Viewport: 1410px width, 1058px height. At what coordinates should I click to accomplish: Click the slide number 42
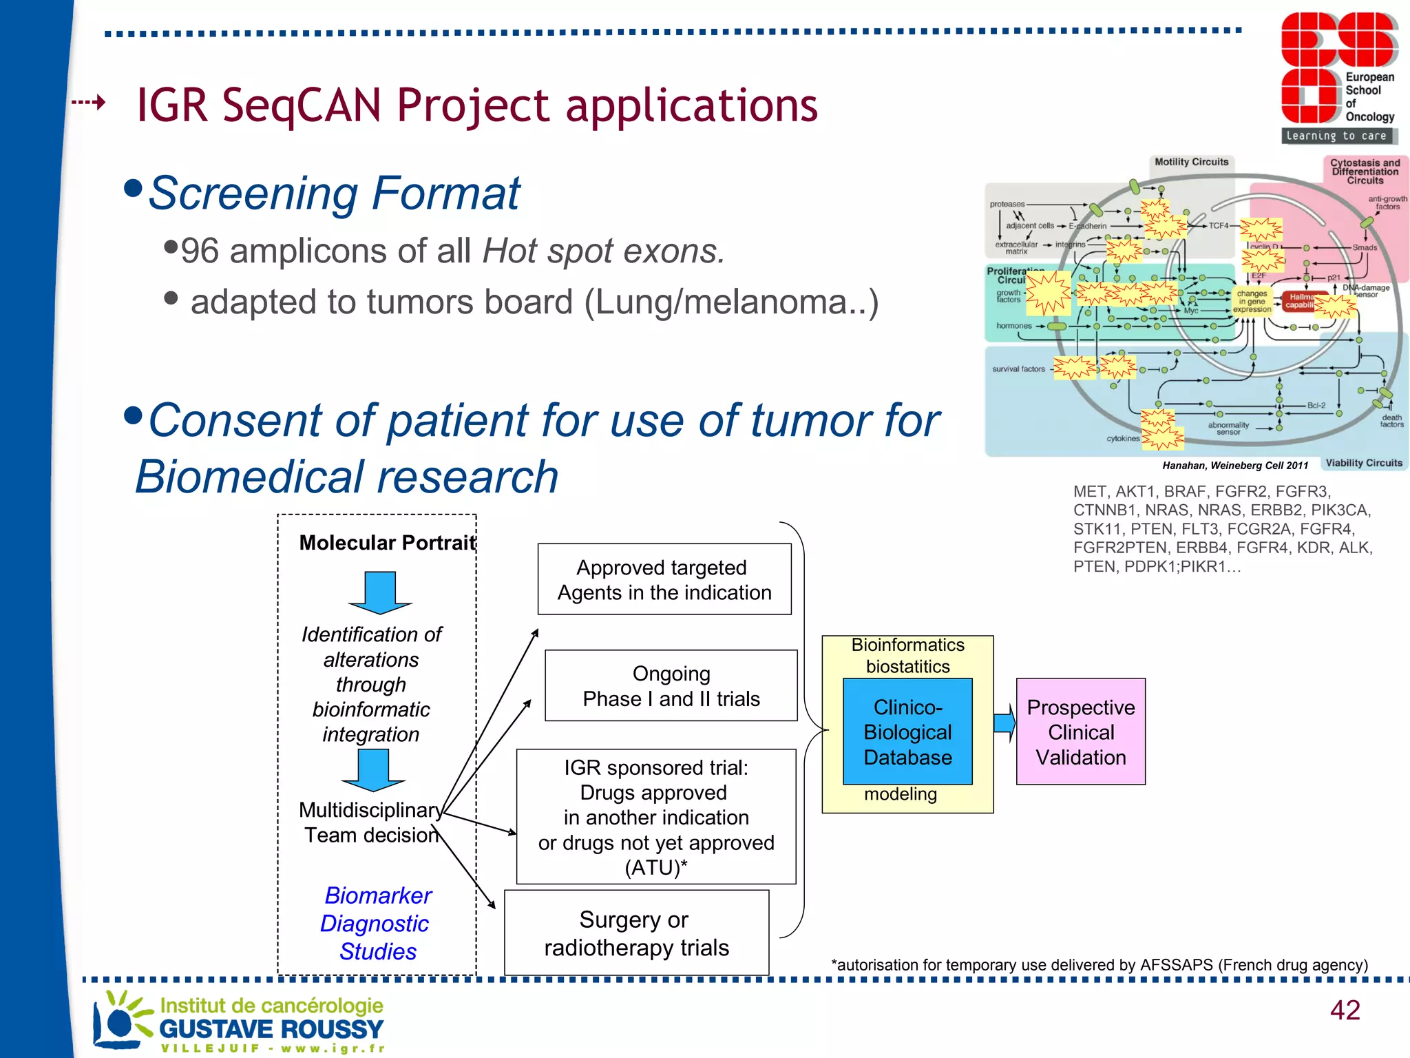tap(1345, 1010)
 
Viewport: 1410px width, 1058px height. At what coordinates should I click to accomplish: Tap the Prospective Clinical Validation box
tap(1080, 732)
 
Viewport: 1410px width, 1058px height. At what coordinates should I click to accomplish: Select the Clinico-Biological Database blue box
tap(907, 732)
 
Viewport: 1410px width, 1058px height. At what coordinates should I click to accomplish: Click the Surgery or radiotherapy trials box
tap(636, 933)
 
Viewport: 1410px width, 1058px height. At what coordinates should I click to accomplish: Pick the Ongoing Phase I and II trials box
tap(671, 686)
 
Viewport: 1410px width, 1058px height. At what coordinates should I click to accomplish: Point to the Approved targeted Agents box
tap(664, 579)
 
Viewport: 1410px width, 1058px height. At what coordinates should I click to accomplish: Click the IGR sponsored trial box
tap(656, 817)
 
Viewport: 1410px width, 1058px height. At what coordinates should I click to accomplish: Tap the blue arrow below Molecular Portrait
tap(379, 592)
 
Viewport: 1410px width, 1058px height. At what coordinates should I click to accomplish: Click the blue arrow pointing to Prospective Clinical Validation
tap(1004, 723)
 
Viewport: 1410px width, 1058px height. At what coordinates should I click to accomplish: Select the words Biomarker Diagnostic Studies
tap(377, 923)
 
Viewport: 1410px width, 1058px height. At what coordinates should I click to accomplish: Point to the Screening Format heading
tap(334, 193)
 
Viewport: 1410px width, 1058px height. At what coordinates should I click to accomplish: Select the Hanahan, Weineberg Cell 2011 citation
tap(1234, 466)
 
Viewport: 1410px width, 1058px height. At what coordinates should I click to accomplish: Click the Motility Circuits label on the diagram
tap(1191, 162)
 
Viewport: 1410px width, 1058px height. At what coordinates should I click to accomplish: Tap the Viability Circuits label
tap(1363, 463)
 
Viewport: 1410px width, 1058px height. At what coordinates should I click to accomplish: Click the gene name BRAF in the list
tap(1185, 491)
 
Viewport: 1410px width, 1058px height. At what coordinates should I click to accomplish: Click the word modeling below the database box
tap(900, 794)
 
